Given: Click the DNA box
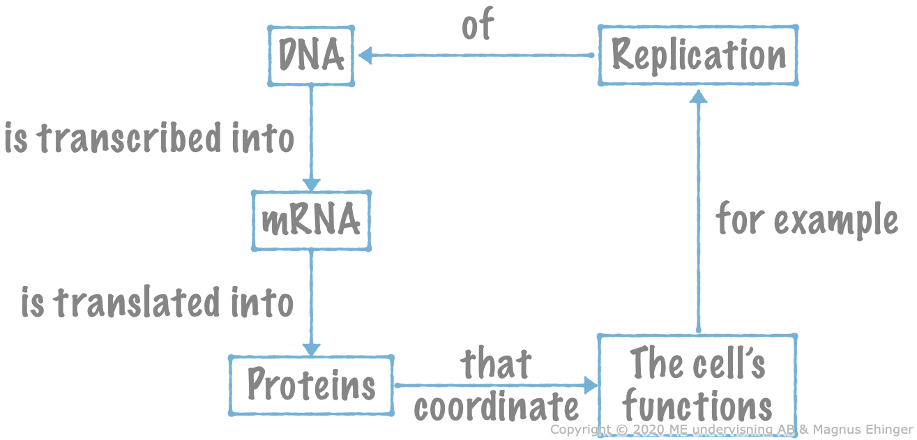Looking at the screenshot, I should pos(311,56).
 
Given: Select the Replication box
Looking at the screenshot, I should pos(698,56).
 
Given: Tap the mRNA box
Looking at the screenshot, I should pos(311,220).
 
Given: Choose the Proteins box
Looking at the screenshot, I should pos(311,385).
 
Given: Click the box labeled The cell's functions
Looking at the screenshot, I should pos(697,385).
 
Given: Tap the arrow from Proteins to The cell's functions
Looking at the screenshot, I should pos(496,385).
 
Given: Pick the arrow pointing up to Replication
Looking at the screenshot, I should pos(698,209).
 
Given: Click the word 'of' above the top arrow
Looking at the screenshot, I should pos(478,25).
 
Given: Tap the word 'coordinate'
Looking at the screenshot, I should pos(497,407).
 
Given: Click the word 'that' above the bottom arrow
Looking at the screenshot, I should pos(496,364).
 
